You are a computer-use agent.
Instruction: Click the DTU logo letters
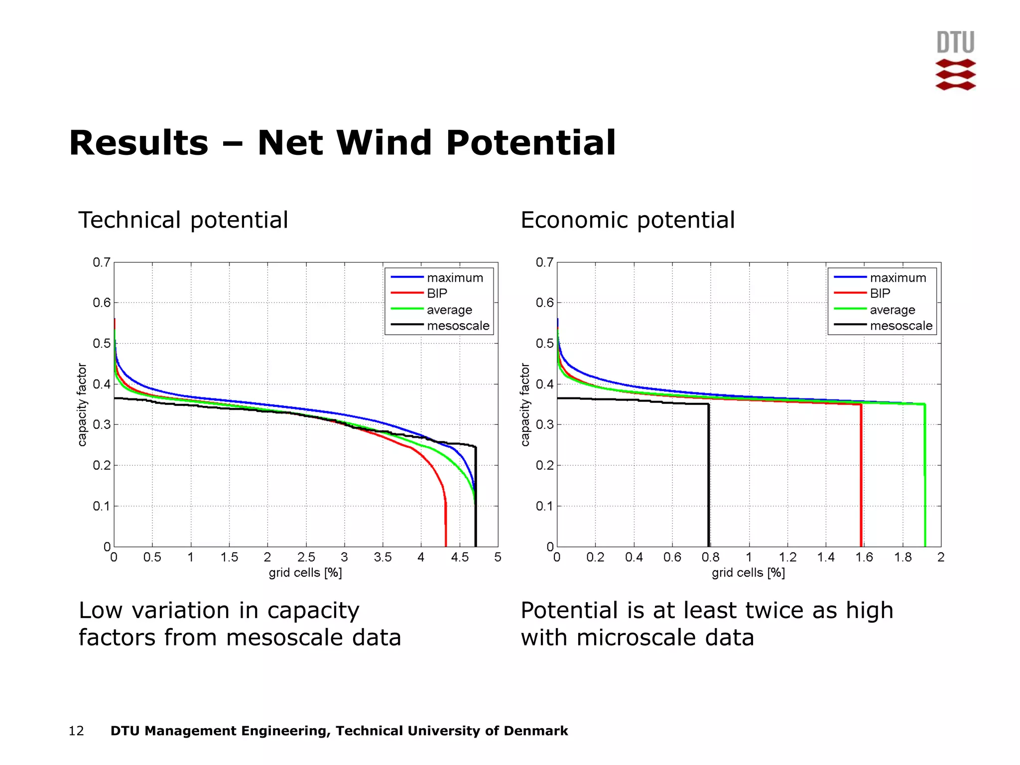coord(955,42)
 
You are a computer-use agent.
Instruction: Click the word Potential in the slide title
coord(531,143)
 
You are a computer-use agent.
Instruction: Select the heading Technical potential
coord(183,220)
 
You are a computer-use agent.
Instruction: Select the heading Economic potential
coord(627,220)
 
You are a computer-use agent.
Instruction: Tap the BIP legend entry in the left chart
coord(437,293)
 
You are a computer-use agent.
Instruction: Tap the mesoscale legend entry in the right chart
coord(900,326)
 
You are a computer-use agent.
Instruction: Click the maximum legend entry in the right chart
coord(897,277)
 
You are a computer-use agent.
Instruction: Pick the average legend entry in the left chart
coord(449,310)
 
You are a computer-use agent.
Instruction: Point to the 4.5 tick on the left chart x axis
coord(459,557)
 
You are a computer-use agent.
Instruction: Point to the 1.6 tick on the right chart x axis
coord(864,557)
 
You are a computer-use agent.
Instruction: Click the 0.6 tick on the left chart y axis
coord(102,303)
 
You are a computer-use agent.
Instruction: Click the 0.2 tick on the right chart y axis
coord(544,465)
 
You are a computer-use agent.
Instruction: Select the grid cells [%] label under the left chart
coord(305,573)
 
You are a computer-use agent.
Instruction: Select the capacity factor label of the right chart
coord(525,404)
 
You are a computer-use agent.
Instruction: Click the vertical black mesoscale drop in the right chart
coord(709,478)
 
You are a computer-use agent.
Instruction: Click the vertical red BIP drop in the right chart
coord(861,478)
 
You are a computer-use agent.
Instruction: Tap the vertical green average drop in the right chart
coord(925,478)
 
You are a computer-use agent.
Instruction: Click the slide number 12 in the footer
coord(76,731)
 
